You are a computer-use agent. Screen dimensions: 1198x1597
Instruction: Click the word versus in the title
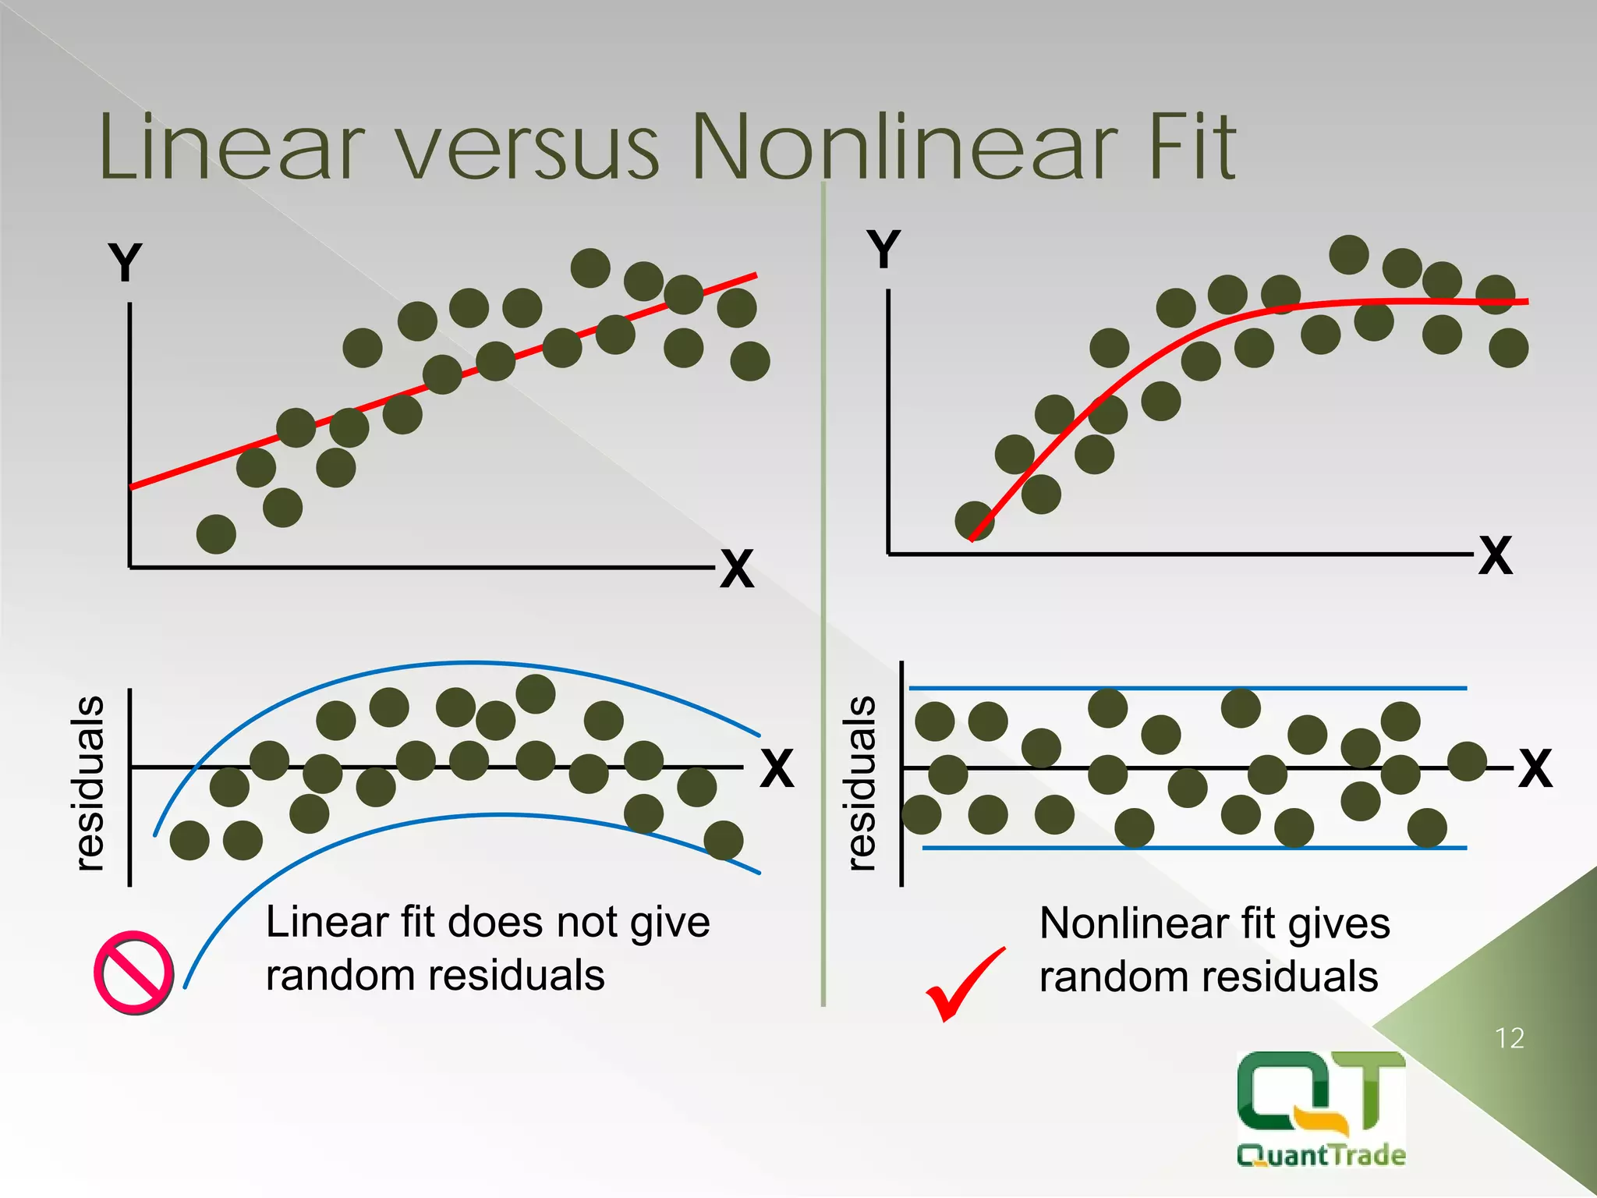(x=530, y=148)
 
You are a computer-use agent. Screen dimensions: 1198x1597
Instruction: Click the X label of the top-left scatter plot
(x=737, y=569)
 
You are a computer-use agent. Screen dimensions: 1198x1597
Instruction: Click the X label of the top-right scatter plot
(x=1495, y=555)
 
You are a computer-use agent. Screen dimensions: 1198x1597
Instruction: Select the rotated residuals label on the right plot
(x=861, y=782)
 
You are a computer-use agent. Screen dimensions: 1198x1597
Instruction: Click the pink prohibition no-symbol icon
(x=133, y=972)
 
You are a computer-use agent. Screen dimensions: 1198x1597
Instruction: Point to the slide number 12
(x=1509, y=1038)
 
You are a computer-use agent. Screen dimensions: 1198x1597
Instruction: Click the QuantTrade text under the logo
(x=1321, y=1154)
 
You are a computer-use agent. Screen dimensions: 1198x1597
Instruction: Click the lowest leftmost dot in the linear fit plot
(x=216, y=534)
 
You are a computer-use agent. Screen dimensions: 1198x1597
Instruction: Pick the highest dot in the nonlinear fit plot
(x=1348, y=254)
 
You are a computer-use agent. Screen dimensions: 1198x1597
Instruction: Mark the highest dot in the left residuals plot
(x=535, y=693)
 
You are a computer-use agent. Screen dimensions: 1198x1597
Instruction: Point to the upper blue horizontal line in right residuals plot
(x=1185, y=688)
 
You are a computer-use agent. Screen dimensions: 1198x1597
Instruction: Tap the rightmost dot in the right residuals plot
(x=1467, y=761)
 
